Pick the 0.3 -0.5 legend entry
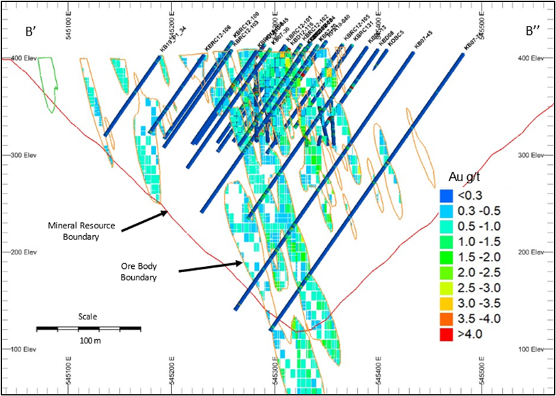coord(472,209)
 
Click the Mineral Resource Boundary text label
coord(83,231)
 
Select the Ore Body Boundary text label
coord(143,272)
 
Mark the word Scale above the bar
coord(87,317)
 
